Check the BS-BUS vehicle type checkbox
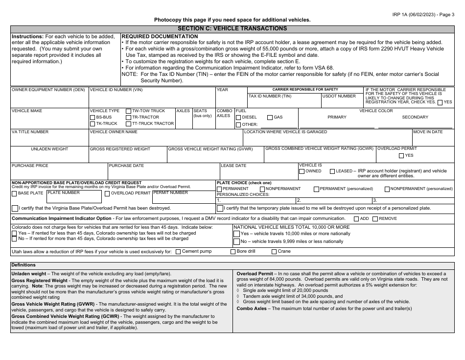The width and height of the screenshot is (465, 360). tap(93, 118)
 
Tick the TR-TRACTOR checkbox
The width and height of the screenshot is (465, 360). tap(128, 118)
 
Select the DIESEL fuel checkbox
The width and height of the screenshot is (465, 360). tap(238, 118)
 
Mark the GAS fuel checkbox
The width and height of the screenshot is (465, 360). tap(270, 118)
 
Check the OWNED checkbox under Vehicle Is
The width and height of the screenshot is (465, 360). tap(302, 171)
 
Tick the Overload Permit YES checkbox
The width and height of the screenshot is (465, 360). tap(401, 155)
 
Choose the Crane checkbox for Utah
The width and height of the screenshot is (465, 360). tap(274, 252)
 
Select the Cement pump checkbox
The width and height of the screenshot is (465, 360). tap(178, 252)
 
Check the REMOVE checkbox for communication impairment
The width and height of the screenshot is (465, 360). tap(375, 218)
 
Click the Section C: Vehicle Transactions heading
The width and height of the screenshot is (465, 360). tap(232, 28)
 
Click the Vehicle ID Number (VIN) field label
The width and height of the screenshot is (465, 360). tap(116, 90)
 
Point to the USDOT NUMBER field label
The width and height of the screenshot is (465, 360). tap(339, 96)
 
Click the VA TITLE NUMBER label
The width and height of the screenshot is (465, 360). tap(30, 132)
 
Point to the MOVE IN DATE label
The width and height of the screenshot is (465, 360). tap(428, 132)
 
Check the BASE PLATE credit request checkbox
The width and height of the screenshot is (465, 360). tap(14, 193)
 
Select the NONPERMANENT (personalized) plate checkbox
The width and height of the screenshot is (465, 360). tap(387, 189)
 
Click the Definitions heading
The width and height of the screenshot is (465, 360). tap(25, 264)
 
